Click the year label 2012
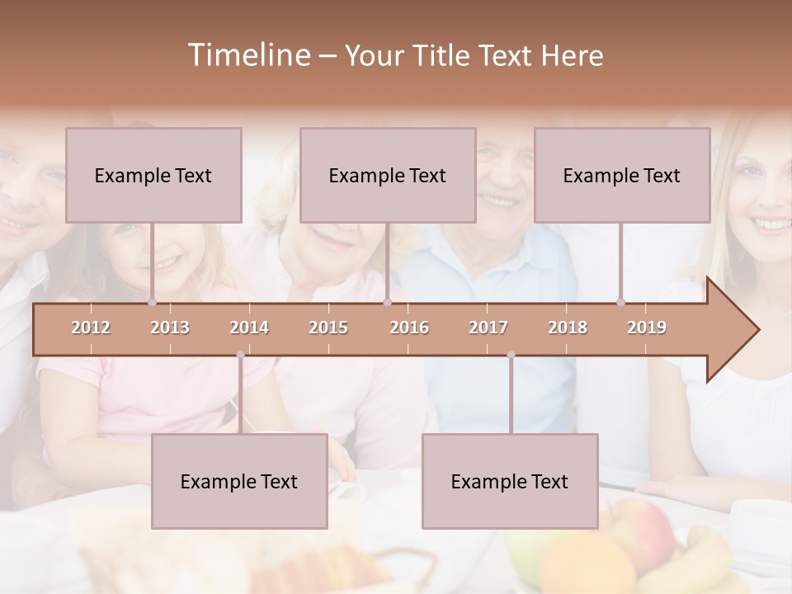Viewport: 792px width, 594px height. coord(91,328)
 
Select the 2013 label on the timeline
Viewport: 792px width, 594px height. coord(170,328)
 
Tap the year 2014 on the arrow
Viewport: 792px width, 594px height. coord(249,328)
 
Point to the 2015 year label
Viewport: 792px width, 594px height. coord(328,328)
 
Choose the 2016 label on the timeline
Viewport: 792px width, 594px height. coord(409,328)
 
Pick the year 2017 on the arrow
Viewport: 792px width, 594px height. coord(488,328)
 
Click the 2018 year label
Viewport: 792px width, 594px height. coord(568,328)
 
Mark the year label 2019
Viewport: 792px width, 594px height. coord(647,328)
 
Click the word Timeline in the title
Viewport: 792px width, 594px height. coord(247,55)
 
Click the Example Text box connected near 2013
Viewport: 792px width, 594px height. coord(153,175)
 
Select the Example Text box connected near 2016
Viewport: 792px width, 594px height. coord(388,175)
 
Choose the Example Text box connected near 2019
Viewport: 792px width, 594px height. coord(622,175)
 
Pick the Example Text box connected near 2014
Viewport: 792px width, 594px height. coord(239,481)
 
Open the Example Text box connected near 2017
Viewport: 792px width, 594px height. coord(510,481)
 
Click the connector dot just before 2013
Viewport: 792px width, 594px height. coord(152,303)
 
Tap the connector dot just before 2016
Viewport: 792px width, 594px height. coord(387,303)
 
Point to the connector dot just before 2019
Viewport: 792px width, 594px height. coord(620,303)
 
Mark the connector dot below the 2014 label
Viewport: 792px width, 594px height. coord(240,355)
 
